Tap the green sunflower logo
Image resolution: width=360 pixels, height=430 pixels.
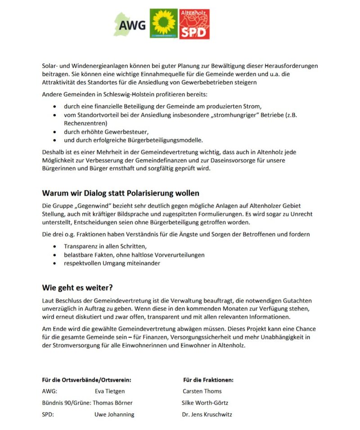[x=163, y=24]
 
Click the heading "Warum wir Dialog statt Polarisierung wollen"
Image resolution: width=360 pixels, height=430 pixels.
[x=121, y=193]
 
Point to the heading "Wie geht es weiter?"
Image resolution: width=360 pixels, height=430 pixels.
[x=77, y=287]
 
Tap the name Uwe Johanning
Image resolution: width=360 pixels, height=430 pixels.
[x=114, y=414]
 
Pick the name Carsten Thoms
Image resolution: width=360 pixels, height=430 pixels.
[x=202, y=391]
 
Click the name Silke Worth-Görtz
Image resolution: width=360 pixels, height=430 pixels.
[x=205, y=403]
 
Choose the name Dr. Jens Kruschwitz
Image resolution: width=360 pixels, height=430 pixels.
[x=207, y=414]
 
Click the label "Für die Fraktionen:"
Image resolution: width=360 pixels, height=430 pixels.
[x=208, y=380]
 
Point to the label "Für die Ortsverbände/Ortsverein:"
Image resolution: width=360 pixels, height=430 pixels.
[x=87, y=380]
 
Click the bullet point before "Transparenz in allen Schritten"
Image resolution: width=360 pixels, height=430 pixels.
[x=55, y=247]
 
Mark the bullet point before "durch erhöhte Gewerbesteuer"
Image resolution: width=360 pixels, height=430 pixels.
[x=55, y=132]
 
